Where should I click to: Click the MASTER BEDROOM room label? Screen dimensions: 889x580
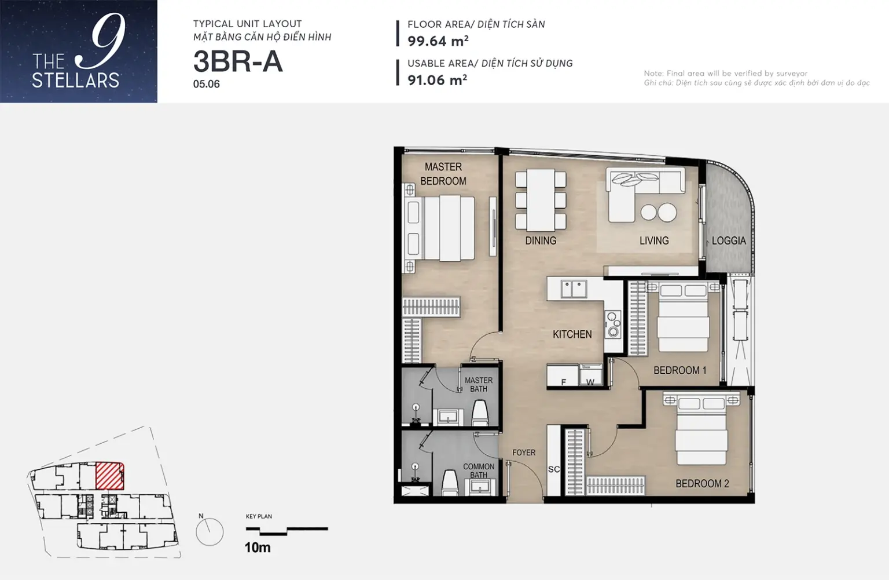click(443, 174)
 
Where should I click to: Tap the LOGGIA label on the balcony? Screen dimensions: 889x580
click(729, 240)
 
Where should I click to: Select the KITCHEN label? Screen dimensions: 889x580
click(572, 334)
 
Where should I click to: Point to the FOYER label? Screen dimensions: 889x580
click(524, 453)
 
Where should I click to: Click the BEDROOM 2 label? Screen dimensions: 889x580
click(703, 483)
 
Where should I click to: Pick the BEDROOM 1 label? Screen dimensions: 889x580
click(680, 370)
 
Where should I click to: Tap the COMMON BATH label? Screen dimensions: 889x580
click(479, 470)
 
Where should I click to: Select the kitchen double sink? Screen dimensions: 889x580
click(574, 289)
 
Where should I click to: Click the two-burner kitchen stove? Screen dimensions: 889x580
click(613, 324)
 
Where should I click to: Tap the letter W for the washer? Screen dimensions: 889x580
click(590, 382)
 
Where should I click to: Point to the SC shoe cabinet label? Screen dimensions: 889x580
click(554, 469)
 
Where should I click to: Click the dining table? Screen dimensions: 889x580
click(541, 200)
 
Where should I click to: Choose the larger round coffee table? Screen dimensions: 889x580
click(667, 212)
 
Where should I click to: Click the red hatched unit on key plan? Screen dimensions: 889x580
click(109, 475)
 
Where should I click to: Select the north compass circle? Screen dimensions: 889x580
click(210, 531)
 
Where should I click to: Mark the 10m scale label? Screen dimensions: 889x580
click(258, 548)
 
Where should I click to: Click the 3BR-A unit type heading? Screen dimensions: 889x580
click(238, 62)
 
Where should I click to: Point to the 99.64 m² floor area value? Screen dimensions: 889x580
click(438, 41)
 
